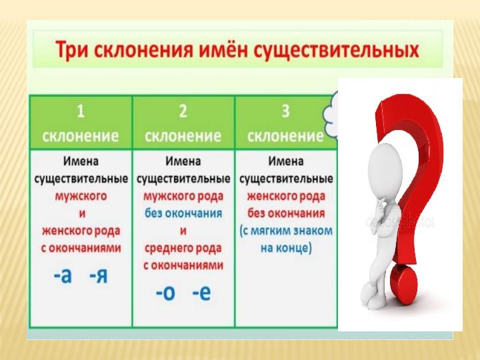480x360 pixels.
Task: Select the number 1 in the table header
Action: click(81, 111)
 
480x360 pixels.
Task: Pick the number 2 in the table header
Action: click(183, 111)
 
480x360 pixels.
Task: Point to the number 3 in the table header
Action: click(285, 111)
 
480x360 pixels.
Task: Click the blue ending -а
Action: click(63, 276)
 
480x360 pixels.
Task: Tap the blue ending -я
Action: click(99, 276)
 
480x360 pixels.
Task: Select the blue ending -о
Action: click(165, 293)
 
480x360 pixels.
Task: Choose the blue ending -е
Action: click(201, 293)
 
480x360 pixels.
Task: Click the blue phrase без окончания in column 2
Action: click(183, 213)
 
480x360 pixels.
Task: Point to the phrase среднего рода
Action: click(183, 248)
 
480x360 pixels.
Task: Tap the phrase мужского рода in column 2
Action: click(183, 196)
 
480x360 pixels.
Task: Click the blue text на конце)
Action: click(286, 248)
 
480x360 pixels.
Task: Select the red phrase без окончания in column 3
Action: click(286, 213)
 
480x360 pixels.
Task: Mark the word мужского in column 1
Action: click(81, 196)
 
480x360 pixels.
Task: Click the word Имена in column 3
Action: click(286, 161)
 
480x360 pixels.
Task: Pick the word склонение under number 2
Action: click(183, 136)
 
